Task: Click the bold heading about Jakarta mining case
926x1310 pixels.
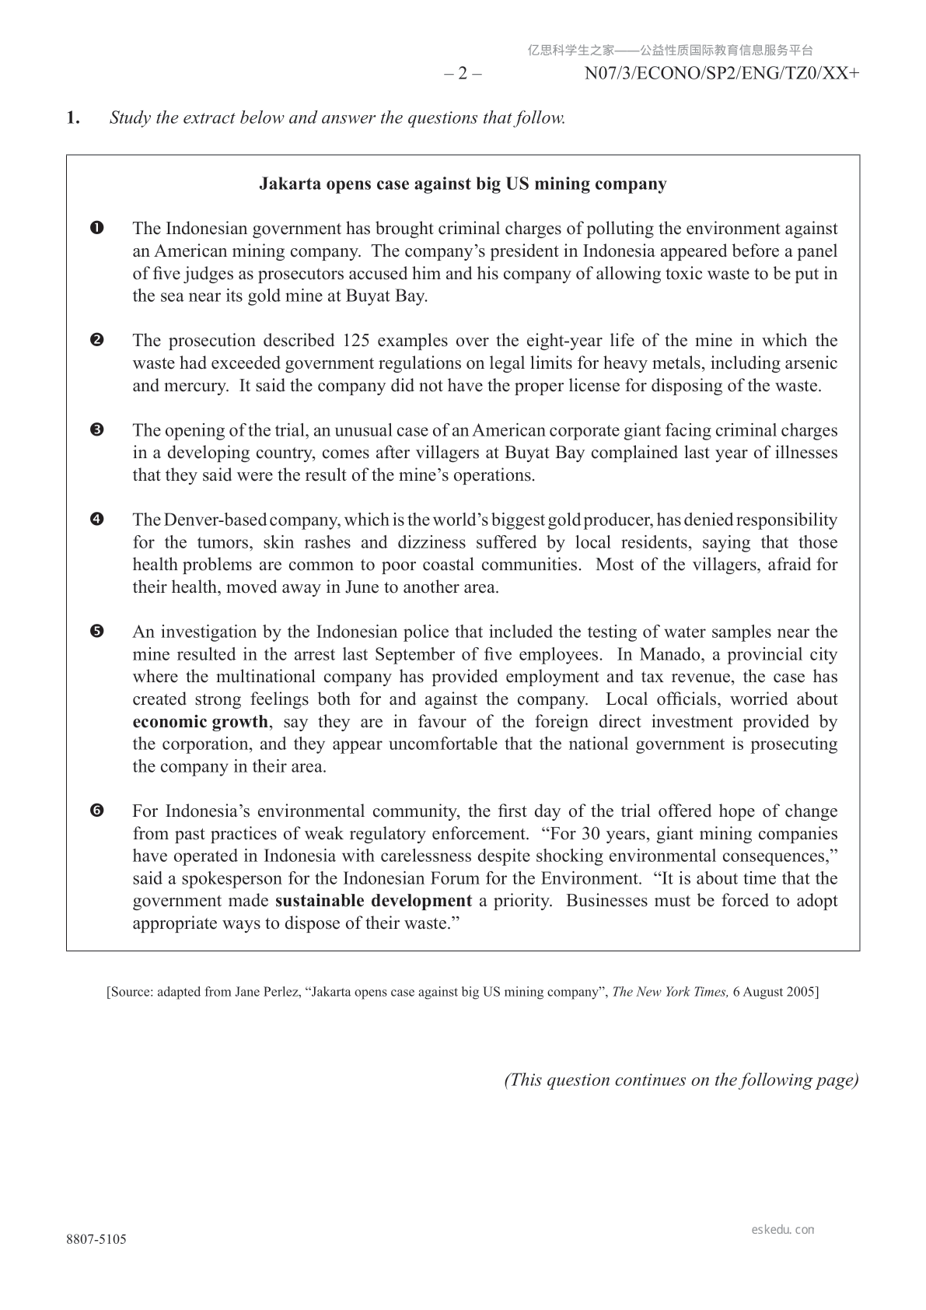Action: point(462,184)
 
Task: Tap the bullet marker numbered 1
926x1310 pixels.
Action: point(97,229)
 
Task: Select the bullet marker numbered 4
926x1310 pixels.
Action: point(97,520)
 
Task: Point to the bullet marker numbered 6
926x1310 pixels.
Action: point(97,811)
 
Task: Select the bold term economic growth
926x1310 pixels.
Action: point(200,722)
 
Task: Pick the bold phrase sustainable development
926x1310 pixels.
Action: point(373,901)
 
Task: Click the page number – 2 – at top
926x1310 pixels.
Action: point(463,74)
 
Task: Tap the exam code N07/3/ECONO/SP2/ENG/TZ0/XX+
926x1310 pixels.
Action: point(722,74)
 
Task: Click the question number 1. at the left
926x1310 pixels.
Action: point(73,118)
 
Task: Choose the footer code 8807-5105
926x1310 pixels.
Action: point(96,1239)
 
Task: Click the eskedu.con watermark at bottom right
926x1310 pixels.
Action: point(783,1230)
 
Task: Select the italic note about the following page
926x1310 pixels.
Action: point(681,1080)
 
